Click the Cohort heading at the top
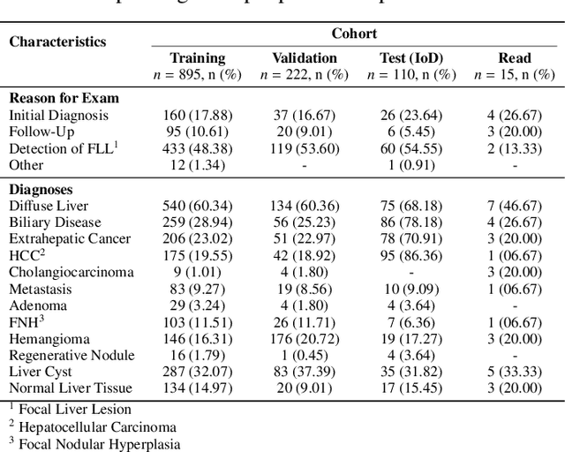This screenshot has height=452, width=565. pyautogui.click(x=354, y=34)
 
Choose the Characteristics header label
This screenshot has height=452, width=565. pyautogui.click(x=57, y=41)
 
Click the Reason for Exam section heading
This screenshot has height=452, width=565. pyautogui.click(x=64, y=98)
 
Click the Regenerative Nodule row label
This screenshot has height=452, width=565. pyautogui.click(x=72, y=355)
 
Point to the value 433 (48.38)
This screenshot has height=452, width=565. pyautogui.click(x=197, y=148)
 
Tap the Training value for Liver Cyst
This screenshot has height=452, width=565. pyautogui.click(x=197, y=372)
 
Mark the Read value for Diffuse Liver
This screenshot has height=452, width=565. pyautogui.click(x=514, y=206)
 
